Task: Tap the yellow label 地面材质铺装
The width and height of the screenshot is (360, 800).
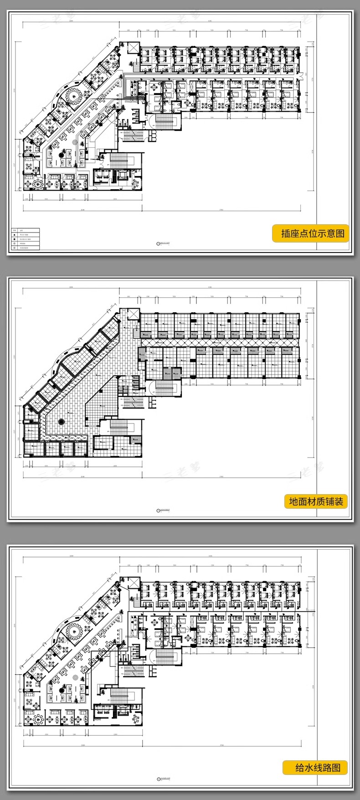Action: tap(316, 501)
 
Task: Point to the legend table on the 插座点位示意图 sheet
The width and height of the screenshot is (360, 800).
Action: tap(26, 239)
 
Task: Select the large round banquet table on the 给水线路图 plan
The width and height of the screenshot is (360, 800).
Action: tap(72, 630)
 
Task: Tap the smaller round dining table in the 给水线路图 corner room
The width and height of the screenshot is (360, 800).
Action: tap(38, 719)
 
